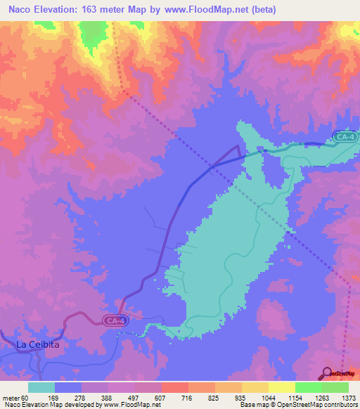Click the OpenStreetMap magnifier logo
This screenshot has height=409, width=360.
[x=326, y=373]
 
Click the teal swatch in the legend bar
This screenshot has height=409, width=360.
[x=41, y=387]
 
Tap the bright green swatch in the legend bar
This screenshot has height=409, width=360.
[x=308, y=387]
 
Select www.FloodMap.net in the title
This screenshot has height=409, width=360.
[x=203, y=10]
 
